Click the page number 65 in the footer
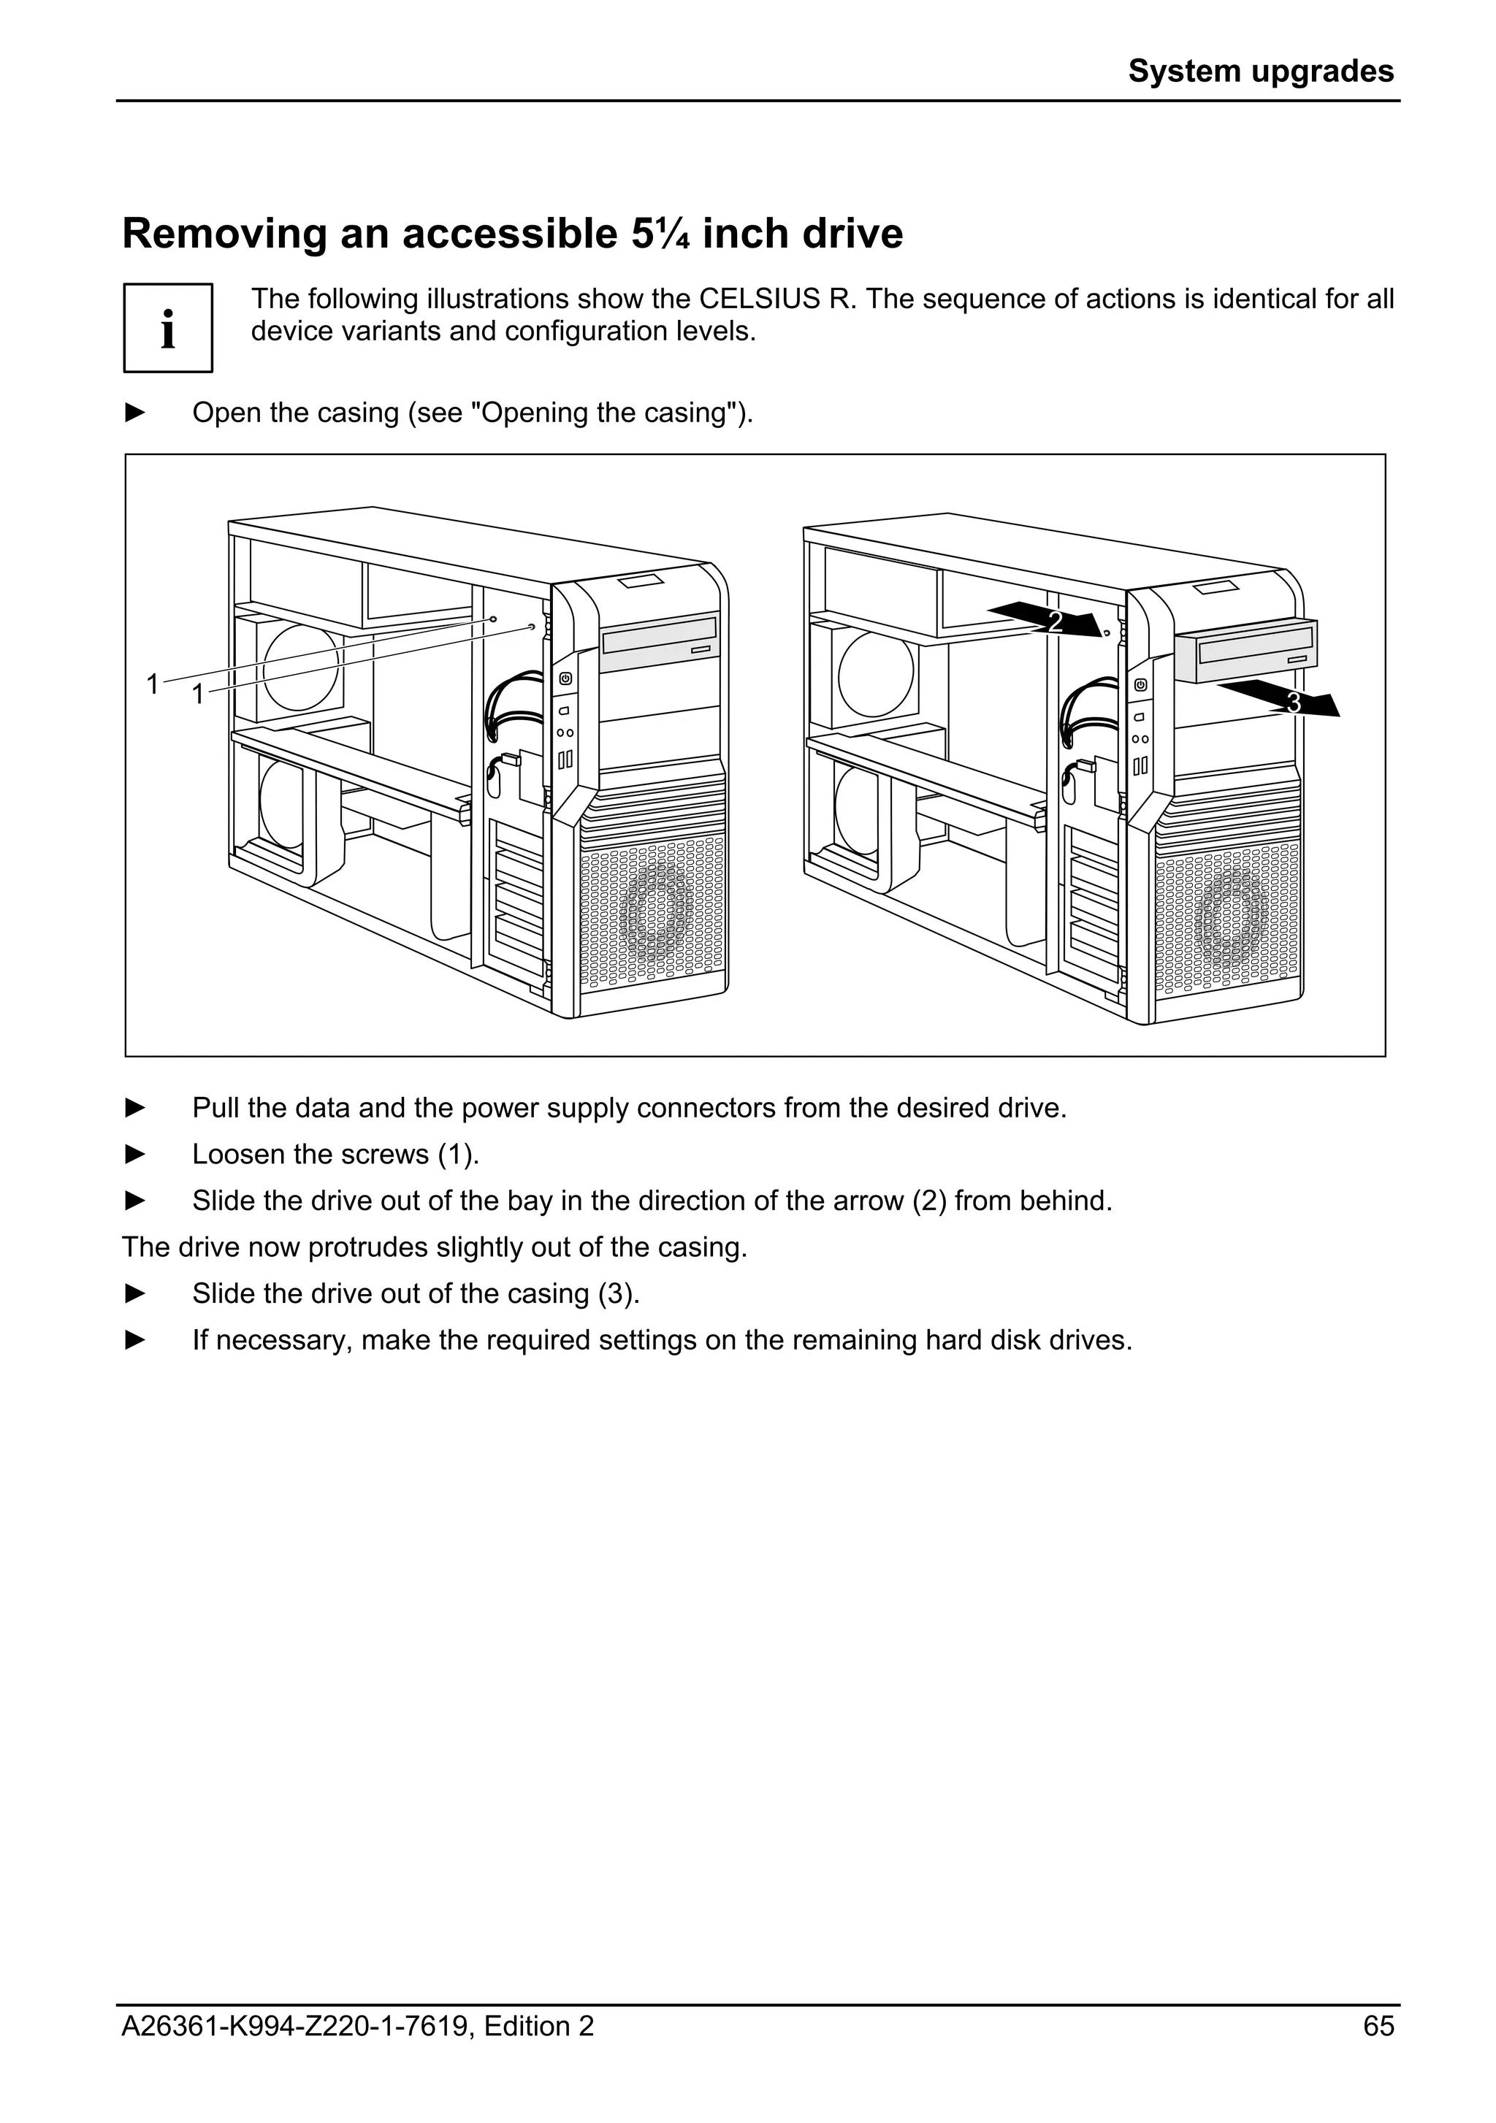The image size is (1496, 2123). [x=1378, y=2027]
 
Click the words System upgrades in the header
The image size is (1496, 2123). [x=1260, y=71]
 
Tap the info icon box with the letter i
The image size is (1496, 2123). [x=168, y=328]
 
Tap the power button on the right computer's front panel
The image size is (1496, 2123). [x=1141, y=684]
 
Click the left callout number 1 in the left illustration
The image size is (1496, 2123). [x=153, y=684]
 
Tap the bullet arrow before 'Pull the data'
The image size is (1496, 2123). [x=135, y=1108]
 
